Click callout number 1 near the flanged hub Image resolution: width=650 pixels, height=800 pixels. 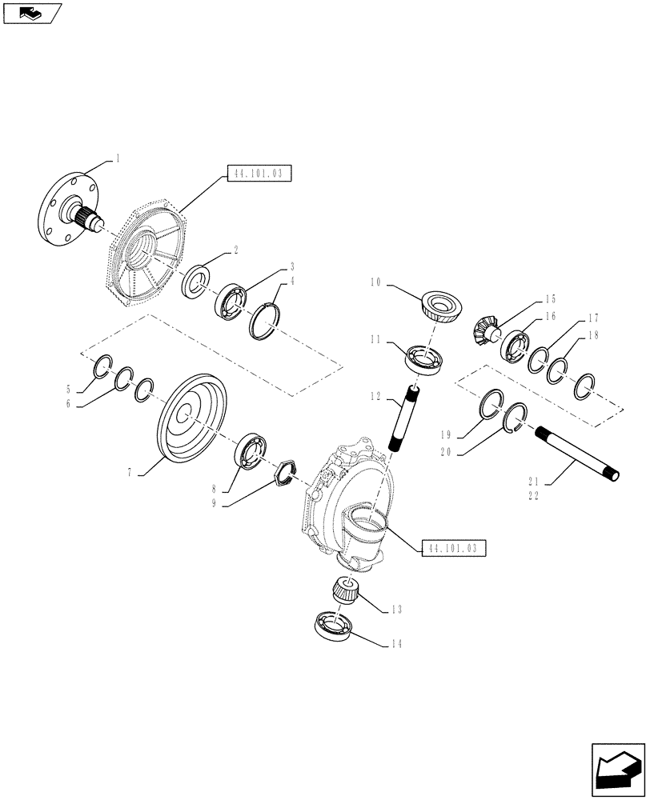tap(118, 158)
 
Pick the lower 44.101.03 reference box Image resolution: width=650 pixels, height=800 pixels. tap(452, 548)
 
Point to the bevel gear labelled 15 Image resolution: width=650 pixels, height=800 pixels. tap(483, 330)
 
